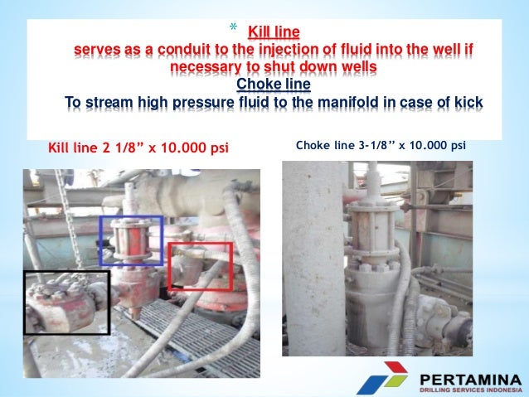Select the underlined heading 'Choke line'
point(267,85)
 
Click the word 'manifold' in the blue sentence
point(345,103)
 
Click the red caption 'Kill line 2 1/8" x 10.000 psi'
point(138,148)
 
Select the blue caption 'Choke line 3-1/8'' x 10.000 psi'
point(381,145)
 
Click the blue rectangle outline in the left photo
point(132,219)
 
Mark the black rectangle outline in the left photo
point(24,302)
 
